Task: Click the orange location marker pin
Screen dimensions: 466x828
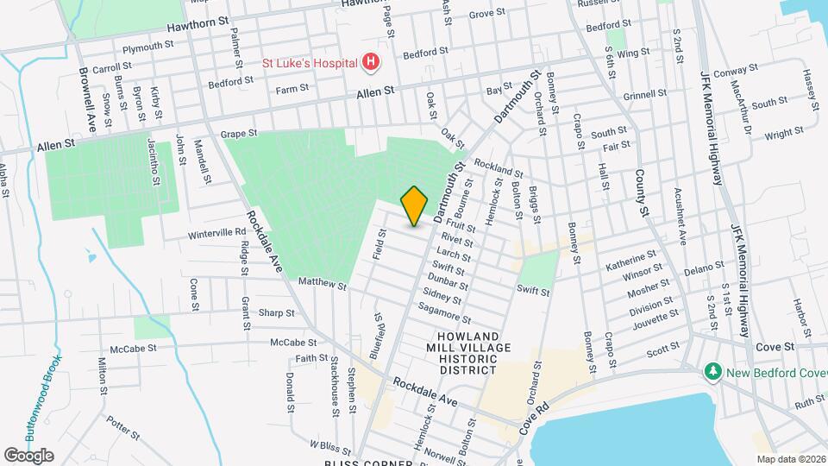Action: point(414,205)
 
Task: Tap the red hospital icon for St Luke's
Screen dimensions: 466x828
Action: point(370,62)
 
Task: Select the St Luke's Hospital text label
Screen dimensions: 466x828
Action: point(310,63)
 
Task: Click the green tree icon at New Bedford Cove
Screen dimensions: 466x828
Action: point(712,371)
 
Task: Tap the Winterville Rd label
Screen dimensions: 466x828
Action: point(216,233)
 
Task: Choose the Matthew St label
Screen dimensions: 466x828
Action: point(322,284)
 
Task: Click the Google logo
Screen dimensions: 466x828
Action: point(29,455)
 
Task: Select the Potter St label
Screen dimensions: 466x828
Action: point(122,424)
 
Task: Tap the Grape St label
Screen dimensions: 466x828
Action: point(239,134)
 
